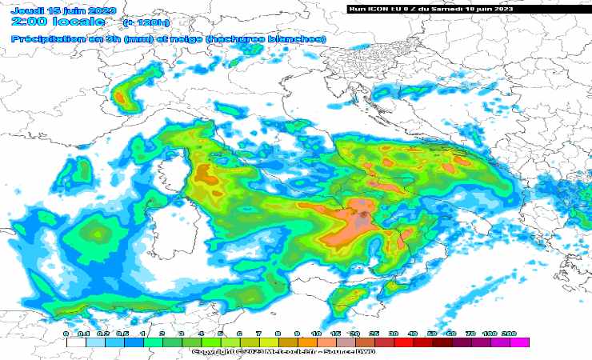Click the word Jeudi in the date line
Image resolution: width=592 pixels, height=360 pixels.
(26, 10)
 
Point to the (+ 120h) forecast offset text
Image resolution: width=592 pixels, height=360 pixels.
(142, 23)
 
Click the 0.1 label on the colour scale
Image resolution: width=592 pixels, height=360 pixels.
(86, 333)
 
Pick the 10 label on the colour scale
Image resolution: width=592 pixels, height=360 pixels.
(316, 333)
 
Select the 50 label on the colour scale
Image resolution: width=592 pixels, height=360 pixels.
(432, 333)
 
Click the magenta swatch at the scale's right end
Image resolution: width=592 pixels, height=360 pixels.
(519, 342)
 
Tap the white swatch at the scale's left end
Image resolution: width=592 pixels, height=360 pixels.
(76, 342)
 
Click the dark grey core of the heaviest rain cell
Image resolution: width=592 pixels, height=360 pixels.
(363, 214)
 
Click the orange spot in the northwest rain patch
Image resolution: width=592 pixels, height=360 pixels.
(120, 98)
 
